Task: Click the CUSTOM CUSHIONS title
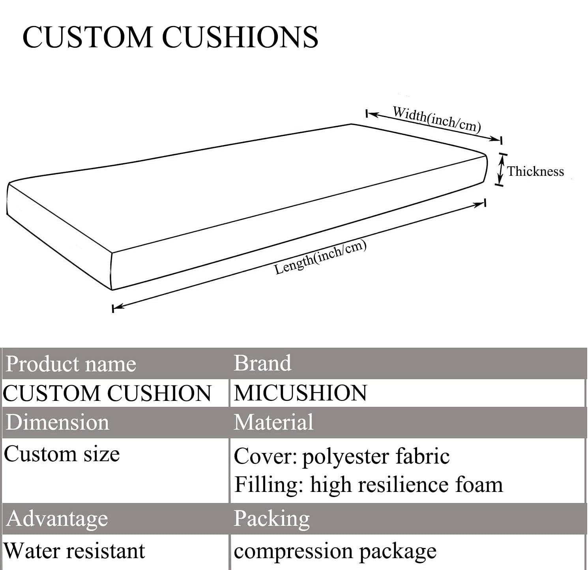(170, 37)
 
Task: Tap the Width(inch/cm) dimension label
(436, 119)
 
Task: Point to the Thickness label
(535, 171)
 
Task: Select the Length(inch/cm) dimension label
(320, 257)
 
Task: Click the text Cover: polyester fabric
(342, 456)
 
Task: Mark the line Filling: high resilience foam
(369, 484)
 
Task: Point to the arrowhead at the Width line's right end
(496, 139)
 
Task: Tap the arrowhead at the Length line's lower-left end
(118, 307)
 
